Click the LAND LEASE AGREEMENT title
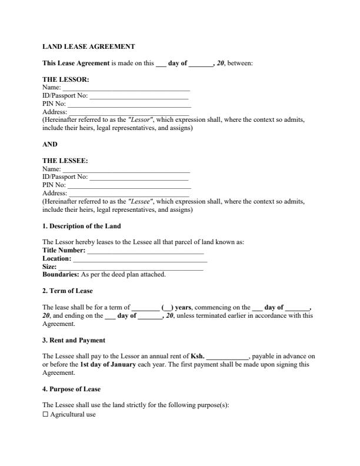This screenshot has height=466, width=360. click(89, 46)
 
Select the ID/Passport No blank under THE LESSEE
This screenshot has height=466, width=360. click(139, 177)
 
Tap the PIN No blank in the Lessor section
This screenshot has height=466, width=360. click(129, 104)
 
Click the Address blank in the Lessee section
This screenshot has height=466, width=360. click(129, 193)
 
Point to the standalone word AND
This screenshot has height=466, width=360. click(50, 144)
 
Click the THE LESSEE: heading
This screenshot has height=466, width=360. click(65, 160)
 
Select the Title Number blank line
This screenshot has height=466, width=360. click(145, 251)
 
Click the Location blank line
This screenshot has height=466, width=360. click(140, 259)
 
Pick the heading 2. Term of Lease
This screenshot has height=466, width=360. click(68, 291)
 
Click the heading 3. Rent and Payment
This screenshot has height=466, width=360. click(74, 340)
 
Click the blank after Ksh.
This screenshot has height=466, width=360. click(228, 357)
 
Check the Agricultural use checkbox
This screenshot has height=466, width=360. click(45, 414)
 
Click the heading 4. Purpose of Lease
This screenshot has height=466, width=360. click(71, 389)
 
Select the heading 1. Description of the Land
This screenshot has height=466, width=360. click(82, 226)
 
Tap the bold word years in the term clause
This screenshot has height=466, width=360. click(183, 307)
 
